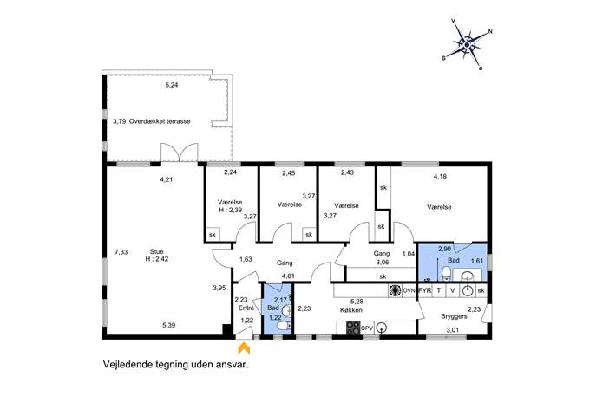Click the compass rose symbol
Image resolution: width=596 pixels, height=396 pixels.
[467, 44]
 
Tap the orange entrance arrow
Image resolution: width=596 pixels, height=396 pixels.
[243, 347]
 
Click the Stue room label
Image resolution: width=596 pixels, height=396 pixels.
[157, 251]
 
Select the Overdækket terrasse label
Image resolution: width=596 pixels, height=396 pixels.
[160, 121]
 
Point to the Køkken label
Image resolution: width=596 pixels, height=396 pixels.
[351, 310]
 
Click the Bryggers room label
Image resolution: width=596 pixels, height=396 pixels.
[454, 316]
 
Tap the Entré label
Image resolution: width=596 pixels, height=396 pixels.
[246, 308]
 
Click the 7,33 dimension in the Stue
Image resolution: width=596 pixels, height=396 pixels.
[121, 251]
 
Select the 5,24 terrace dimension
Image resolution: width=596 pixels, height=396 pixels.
[172, 85]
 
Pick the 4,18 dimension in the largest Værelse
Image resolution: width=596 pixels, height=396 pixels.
[440, 176]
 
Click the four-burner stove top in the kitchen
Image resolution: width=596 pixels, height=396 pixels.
[353, 328]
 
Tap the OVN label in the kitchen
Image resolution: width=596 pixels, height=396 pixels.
[409, 291]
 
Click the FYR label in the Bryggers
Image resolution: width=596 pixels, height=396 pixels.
[425, 291]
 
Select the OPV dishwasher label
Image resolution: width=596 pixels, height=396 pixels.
[367, 328]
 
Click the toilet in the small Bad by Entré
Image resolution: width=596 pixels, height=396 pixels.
[284, 327]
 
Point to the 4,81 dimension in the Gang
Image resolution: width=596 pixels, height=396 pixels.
[289, 276]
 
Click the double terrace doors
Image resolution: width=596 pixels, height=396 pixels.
[180, 153]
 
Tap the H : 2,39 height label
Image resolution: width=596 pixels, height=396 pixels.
[231, 210]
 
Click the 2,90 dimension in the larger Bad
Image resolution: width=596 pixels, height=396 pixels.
[445, 249]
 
